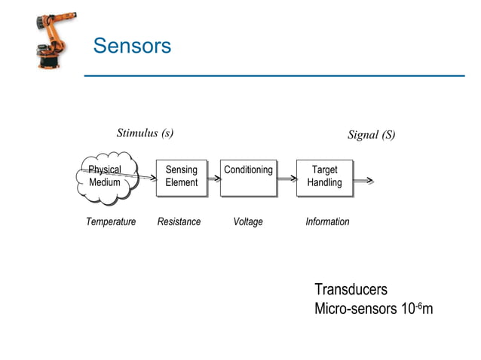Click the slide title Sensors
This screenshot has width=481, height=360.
point(132,46)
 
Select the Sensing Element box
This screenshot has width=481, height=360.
point(181,177)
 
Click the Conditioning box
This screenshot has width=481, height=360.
point(248,177)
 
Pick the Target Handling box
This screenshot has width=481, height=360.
point(324,177)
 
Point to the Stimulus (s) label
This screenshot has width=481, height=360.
point(145,133)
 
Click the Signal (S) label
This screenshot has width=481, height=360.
point(371,136)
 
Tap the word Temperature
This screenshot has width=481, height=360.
point(111,222)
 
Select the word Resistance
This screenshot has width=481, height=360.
point(179,222)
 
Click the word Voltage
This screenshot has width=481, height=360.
point(248,222)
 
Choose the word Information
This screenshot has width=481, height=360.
point(327,222)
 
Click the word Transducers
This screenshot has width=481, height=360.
point(351,290)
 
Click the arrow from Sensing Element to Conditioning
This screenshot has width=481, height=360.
point(213,179)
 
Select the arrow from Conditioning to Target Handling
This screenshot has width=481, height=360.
point(286,179)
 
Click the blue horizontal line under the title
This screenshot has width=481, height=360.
point(274,75)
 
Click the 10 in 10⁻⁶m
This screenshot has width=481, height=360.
point(408,309)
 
